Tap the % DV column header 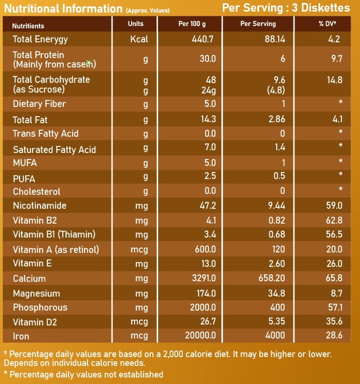tap(327, 24)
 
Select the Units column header tap(136, 24)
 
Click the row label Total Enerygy tap(40, 40)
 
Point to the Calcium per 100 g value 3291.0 tap(203, 278)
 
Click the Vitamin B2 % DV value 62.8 tap(334, 220)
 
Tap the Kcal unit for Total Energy tap(139, 40)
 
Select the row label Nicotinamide tap(40, 205)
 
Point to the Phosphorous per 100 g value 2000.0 tap(203, 307)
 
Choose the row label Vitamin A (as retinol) tap(56, 250)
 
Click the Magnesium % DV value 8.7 tap(336, 293)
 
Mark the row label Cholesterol tap(37, 192)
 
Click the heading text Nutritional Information tap(63, 8)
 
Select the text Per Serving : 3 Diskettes tap(286, 8)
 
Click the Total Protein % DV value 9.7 tap(336, 59)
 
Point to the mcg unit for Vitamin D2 tap(139, 322)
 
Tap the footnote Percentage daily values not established tap(86, 374)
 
